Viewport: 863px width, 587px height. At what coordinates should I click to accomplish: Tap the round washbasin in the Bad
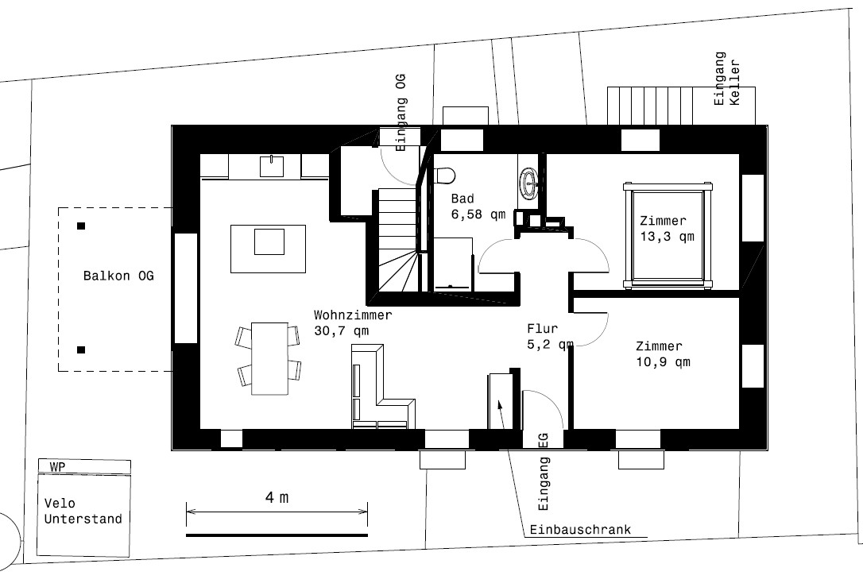[529, 182]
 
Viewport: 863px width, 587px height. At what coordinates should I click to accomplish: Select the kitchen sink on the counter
[272, 166]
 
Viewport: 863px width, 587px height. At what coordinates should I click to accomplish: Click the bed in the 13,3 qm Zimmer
[667, 236]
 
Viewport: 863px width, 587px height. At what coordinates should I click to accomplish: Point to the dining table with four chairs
[269, 359]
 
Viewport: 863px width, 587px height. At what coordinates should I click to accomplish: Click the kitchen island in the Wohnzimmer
[268, 249]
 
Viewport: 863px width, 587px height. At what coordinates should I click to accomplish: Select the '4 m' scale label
[277, 497]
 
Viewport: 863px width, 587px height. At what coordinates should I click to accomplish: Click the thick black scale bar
[277, 535]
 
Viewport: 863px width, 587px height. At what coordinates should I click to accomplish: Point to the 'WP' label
[57, 467]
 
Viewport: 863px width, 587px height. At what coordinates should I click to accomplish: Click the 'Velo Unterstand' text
[83, 511]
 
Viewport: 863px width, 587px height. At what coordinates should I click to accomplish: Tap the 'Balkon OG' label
[118, 276]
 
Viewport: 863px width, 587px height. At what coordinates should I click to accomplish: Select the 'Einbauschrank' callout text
[580, 530]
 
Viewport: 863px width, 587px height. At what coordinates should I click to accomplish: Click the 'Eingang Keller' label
[727, 79]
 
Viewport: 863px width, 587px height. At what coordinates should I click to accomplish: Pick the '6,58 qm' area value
[478, 214]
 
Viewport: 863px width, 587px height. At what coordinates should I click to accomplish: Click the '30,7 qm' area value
[341, 330]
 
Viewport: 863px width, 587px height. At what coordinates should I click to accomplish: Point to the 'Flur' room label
[542, 328]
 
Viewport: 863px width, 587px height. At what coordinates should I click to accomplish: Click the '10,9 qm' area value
[664, 362]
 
